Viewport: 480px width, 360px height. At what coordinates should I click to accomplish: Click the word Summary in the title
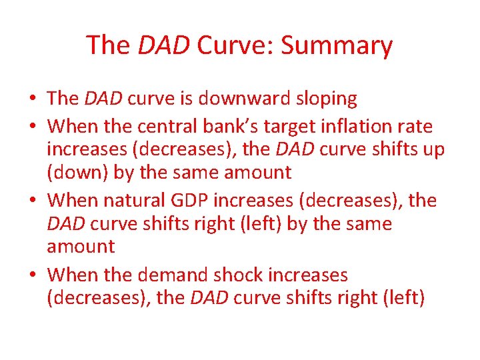[337, 45]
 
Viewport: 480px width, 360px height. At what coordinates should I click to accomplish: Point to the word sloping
[325, 99]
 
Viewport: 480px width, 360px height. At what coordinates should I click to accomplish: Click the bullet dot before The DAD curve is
[32, 99]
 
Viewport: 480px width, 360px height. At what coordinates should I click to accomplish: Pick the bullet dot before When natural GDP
[32, 200]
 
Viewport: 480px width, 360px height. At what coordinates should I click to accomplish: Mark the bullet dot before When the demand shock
[32, 275]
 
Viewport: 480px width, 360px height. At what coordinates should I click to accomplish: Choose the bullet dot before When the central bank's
[32, 127]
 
